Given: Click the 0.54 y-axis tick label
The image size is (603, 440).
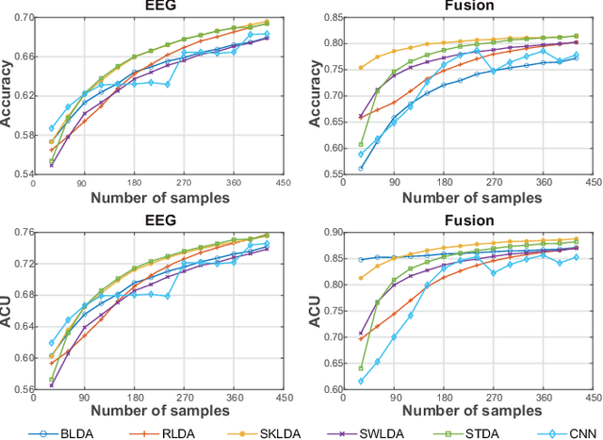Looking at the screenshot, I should point(25,174).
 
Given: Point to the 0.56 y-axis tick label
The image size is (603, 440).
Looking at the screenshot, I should point(25,388).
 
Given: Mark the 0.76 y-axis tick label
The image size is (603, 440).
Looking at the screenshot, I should point(25,233).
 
